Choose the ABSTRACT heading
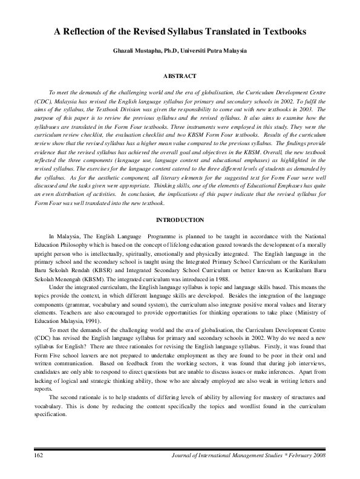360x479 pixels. [x=180, y=76]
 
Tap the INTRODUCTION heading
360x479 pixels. [x=180, y=219]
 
